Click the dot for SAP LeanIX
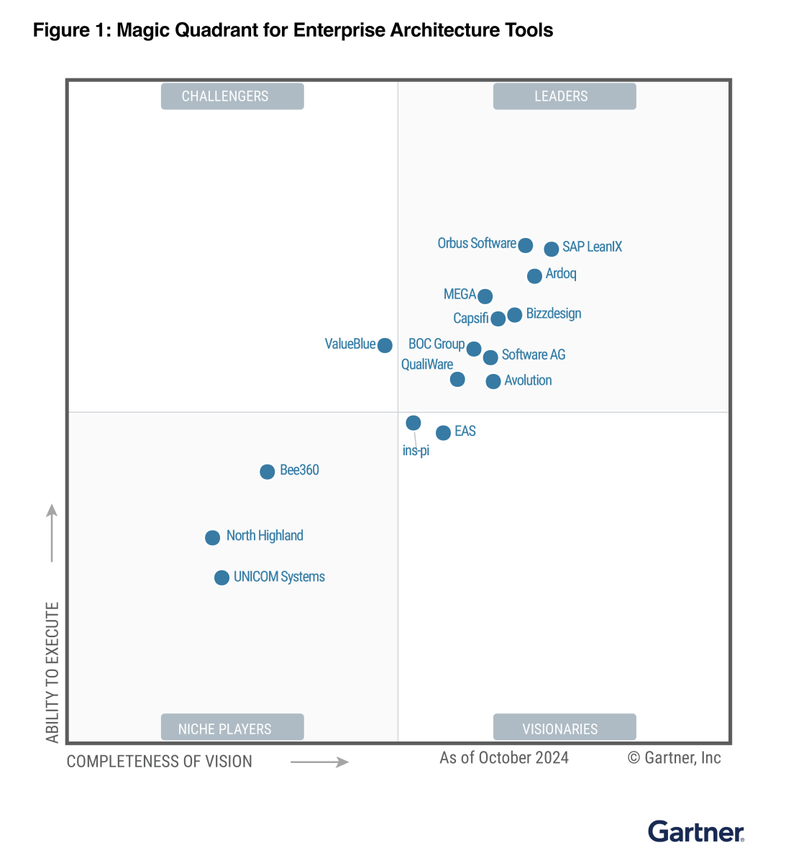pyautogui.click(x=551, y=249)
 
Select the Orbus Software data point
pyautogui.click(x=526, y=245)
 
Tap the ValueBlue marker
pyautogui.click(x=385, y=345)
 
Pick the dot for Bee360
pyautogui.click(x=267, y=472)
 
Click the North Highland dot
pyautogui.click(x=212, y=537)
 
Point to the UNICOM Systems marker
pyautogui.click(x=221, y=577)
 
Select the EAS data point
pyautogui.click(x=443, y=432)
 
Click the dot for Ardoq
pyautogui.click(x=534, y=275)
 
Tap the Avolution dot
pyautogui.click(x=493, y=381)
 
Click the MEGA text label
pyautogui.click(x=460, y=294)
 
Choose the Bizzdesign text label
pyautogui.click(x=554, y=314)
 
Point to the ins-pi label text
pyautogui.click(x=416, y=451)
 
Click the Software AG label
pyautogui.click(x=534, y=355)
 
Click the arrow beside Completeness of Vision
pyautogui.click(x=319, y=762)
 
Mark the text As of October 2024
pyautogui.click(x=504, y=758)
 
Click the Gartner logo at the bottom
pyautogui.click(x=696, y=831)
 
